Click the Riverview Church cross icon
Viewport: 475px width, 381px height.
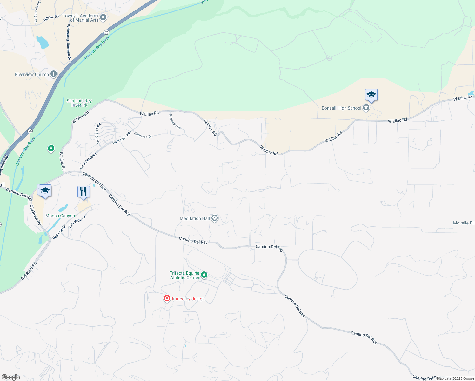pyautogui.click(x=54, y=74)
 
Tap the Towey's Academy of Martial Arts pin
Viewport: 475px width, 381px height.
pyautogui.click(x=103, y=18)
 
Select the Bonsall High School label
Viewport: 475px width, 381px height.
pyautogui.click(x=341, y=108)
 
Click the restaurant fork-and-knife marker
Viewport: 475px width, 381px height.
pyautogui.click(x=84, y=192)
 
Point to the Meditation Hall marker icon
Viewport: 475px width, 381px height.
pyautogui.click(x=215, y=218)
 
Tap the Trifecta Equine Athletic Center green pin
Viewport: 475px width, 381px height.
pyautogui.click(x=204, y=275)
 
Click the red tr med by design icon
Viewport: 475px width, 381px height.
pyautogui.click(x=167, y=298)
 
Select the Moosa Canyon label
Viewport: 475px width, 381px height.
pyautogui.click(x=60, y=216)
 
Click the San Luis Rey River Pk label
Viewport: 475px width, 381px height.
pyautogui.click(x=79, y=103)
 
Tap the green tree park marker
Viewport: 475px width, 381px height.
pyautogui.click(x=51, y=148)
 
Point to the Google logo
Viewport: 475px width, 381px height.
pyautogui.click(x=11, y=377)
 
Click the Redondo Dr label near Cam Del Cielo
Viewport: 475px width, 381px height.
pyautogui.click(x=143, y=135)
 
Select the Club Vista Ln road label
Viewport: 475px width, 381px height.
pyautogui.click(x=77, y=222)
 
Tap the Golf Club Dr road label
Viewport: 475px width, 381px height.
pyautogui.click(x=59, y=232)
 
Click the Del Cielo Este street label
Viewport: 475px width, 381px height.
pyautogui.click(x=98, y=133)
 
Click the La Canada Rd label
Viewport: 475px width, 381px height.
pyautogui.click(x=37, y=11)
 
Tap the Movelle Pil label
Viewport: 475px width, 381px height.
pyautogui.click(x=464, y=223)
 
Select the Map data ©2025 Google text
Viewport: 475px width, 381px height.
pyautogui.click(x=455, y=378)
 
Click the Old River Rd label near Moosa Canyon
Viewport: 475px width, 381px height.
pyautogui.click(x=36, y=215)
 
